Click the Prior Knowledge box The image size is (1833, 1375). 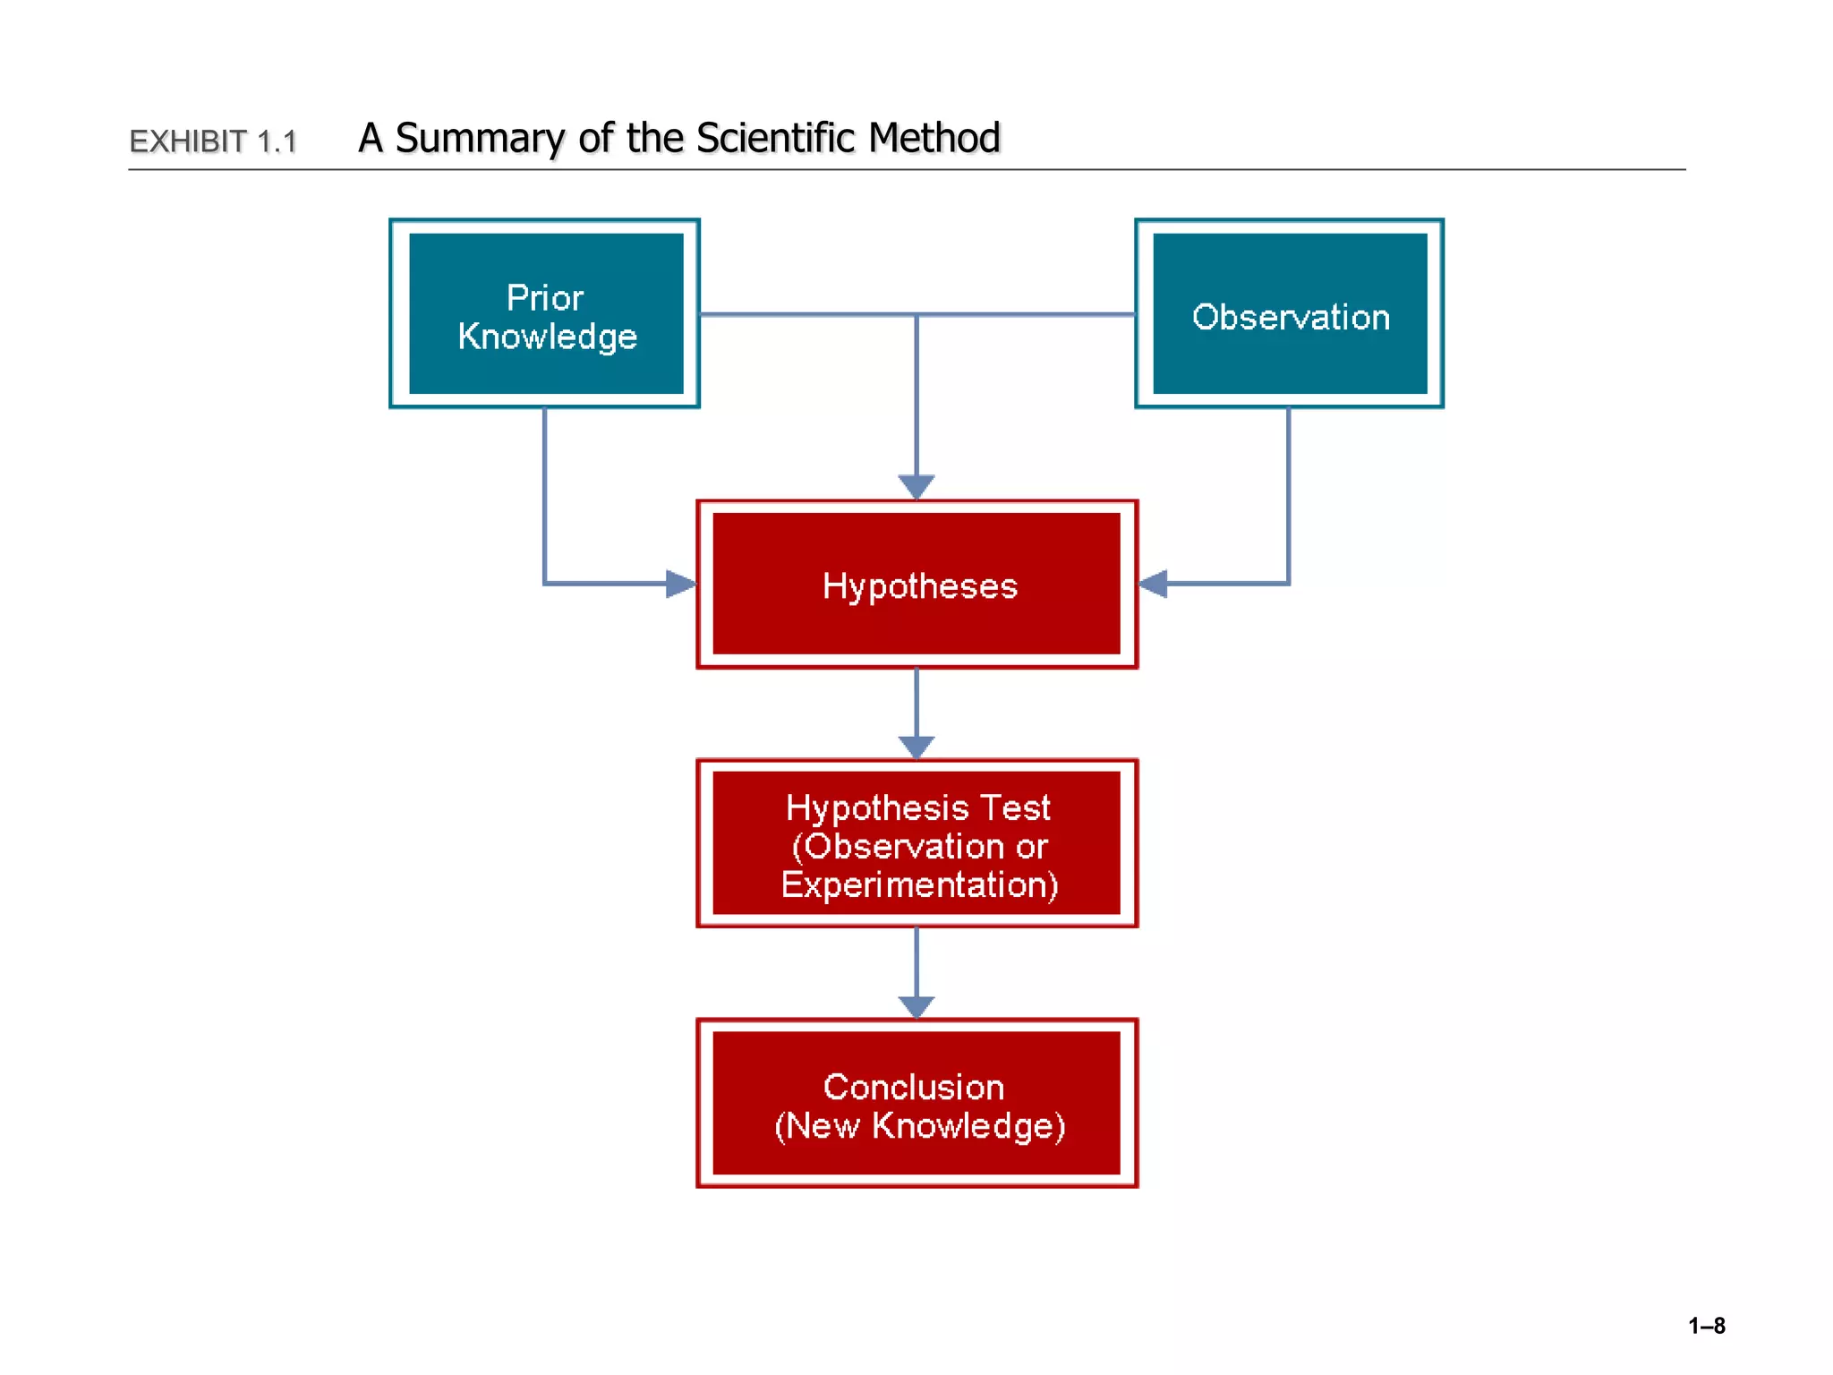pyautogui.click(x=545, y=313)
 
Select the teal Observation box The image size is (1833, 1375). pyautogui.click(x=1289, y=313)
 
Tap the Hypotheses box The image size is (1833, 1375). pyautogui.click(x=916, y=584)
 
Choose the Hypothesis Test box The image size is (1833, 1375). pyautogui.click(x=916, y=843)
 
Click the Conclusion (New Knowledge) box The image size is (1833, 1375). pyautogui.click(x=916, y=1103)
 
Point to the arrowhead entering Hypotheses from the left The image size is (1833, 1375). pyautogui.click(x=681, y=584)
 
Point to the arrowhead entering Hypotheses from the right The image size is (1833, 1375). pyautogui.click(x=1153, y=584)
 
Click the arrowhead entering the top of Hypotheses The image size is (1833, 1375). pyautogui.click(x=916, y=487)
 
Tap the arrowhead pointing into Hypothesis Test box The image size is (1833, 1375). pyautogui.click(x=916, y=747)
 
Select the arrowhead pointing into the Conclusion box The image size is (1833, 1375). pyautogui.click(x=916, y=1006)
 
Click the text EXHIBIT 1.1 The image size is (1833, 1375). pyautogui.click(x=213, y=141)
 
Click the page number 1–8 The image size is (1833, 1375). pyautogui.click(x=1706, y=1326)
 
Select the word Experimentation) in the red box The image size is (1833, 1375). pyautogui.click(x=919, y=884)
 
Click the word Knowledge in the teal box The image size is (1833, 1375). pyautogui.click(x=547, y=337)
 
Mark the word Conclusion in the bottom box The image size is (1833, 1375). pyautogui.click(x=913, y=1087)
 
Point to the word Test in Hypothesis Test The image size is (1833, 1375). pyautogui.click(x=1014, y=807)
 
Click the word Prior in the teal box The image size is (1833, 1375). pyautogui.click(x=544, y=297)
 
